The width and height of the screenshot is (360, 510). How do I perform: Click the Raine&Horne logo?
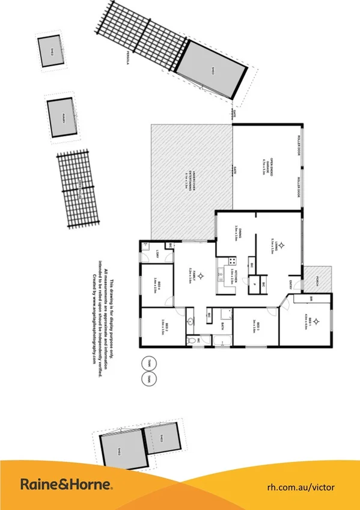click(67, 484)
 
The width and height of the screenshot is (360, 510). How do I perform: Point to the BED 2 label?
click(163, 328)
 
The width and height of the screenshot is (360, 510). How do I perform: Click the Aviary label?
click(62, 117)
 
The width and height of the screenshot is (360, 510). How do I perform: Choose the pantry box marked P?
click(255, 285)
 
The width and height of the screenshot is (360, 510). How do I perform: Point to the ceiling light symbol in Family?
click(201, 275)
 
